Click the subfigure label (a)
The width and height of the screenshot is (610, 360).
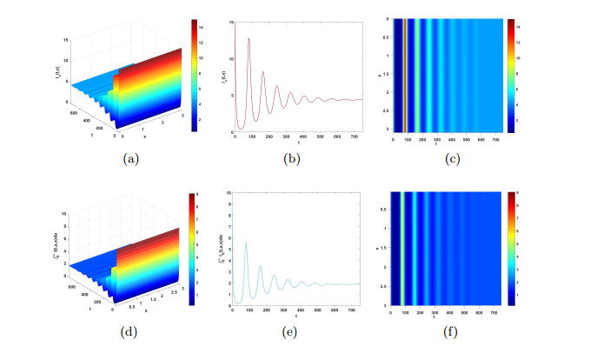130,158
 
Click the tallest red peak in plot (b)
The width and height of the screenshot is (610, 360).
249,38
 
